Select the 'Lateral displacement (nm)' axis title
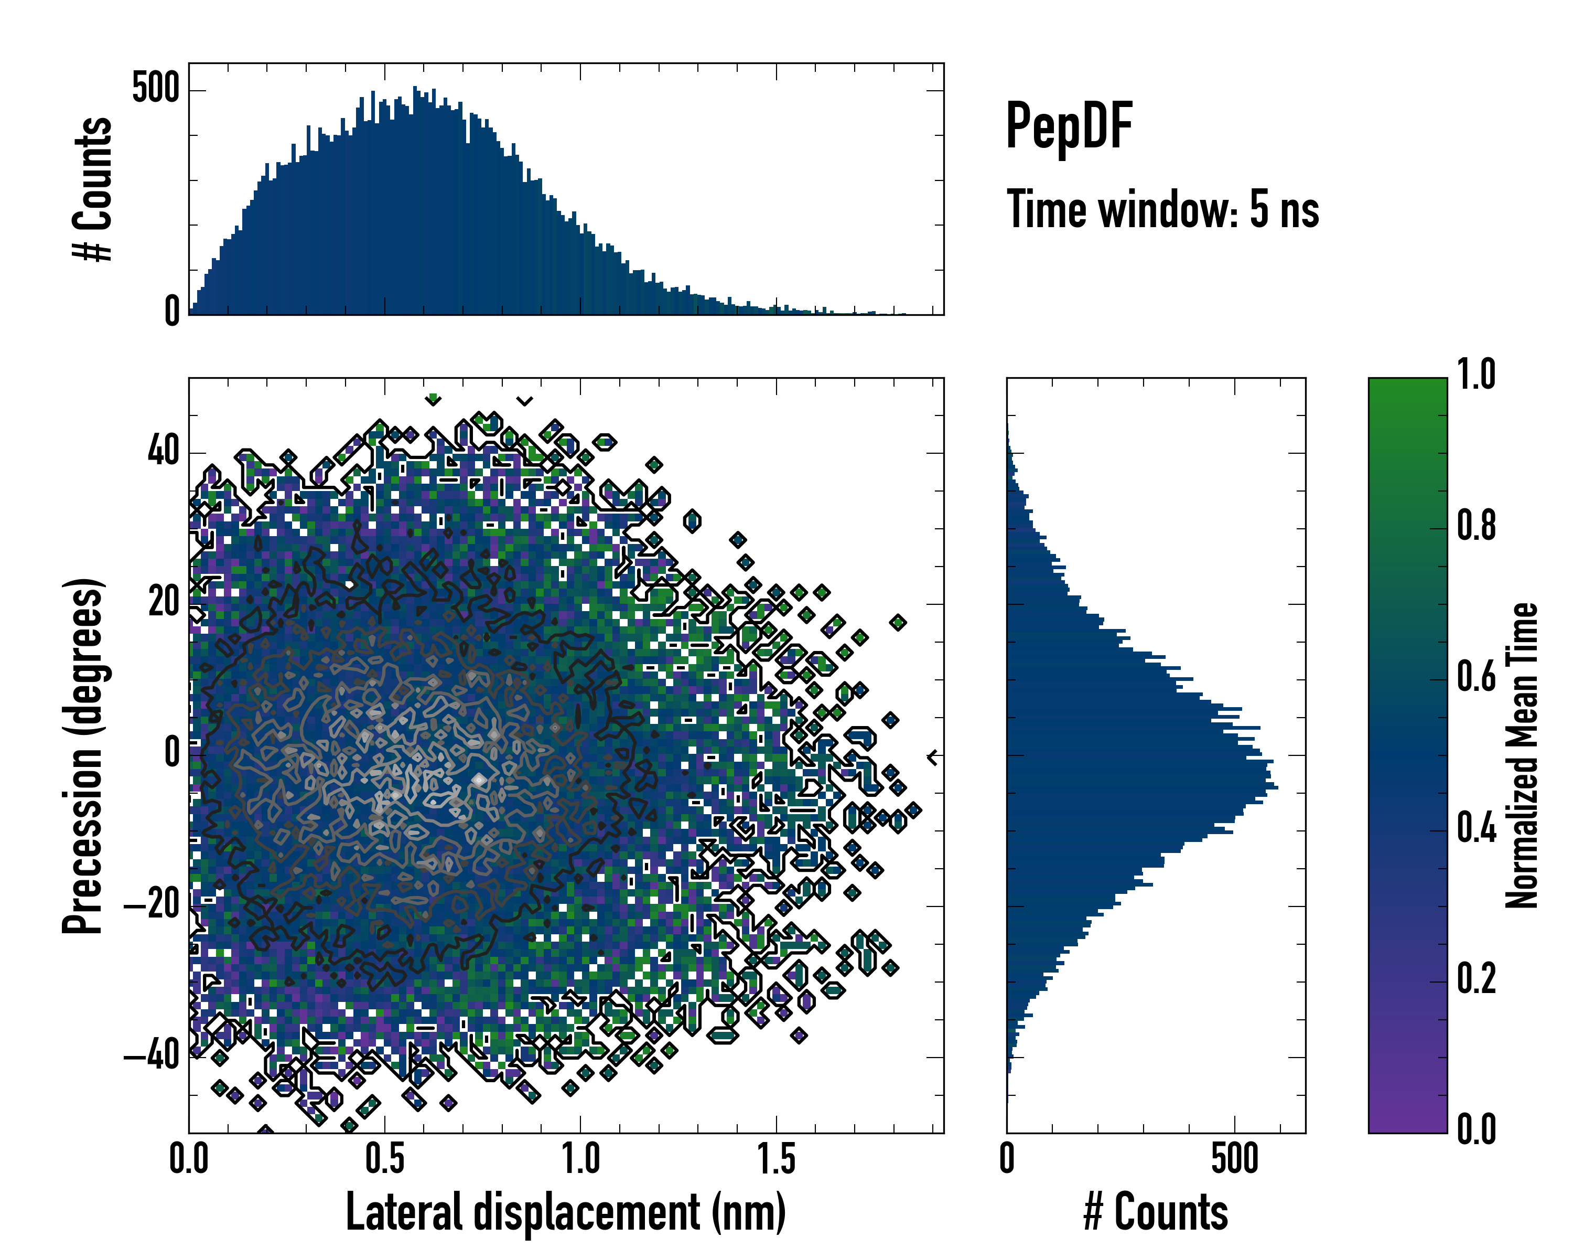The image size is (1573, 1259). (565, 1212)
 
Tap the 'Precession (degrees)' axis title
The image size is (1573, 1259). (82, 755)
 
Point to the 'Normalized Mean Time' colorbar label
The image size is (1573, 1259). (1522, 755)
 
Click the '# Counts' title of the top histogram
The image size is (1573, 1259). (93, 189)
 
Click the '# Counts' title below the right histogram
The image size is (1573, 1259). (1156, 1212)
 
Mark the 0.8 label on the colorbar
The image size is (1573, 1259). (1476, 526)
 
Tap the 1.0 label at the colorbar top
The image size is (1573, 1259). (1476, 375)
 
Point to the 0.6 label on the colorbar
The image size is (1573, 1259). (1476, 677)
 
